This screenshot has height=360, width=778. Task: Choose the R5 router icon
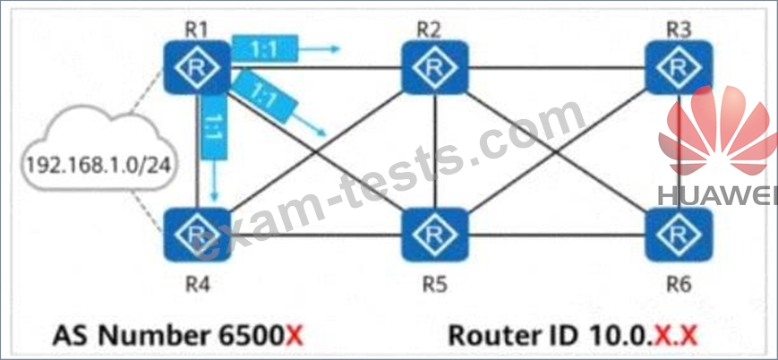434,235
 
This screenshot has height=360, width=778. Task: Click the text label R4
196,286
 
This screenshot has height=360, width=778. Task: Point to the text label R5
434,286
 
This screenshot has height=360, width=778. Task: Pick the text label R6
679,286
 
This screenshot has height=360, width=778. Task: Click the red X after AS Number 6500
295,337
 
